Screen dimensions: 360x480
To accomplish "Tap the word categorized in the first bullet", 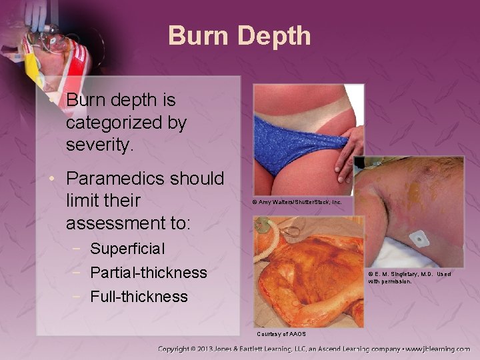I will [126, 123].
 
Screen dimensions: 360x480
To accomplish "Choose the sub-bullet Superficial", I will [127, 249].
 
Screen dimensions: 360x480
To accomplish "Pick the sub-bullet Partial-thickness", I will [148, 273].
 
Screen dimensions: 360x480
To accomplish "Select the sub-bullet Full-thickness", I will [139, 296].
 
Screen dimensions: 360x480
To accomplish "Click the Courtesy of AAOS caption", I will [281, 333].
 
